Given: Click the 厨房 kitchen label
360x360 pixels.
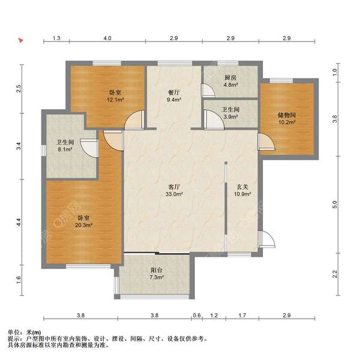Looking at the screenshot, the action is point(230,77).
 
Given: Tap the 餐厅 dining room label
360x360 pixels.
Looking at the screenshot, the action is point(174,92).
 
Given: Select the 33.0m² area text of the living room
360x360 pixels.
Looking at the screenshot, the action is point(174,194).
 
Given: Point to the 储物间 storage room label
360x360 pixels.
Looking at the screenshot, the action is point(287,115).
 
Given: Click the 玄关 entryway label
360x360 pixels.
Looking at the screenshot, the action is point(242,187).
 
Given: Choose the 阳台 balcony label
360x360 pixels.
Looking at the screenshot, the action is point(157,270).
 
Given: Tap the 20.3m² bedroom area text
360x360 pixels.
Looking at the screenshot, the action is point(83,225).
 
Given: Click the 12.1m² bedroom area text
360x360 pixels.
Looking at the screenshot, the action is point(115,100).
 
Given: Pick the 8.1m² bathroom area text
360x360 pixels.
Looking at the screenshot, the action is point(65,149).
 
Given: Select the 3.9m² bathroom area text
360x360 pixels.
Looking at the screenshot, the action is point(230,117).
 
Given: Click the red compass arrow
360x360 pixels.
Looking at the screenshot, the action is point(21,40).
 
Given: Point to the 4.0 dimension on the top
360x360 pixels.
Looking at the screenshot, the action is point(107,38).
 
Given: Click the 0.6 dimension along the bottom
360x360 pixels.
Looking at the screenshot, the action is point(197,316).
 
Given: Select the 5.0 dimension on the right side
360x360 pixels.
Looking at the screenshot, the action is point(335,205).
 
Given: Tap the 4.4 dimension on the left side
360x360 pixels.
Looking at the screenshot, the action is point(19,222).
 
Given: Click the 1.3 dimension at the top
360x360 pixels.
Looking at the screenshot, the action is point(56,38).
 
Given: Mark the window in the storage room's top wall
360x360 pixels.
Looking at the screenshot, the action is point(281,80).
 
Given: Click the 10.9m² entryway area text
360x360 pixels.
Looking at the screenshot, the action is point(242,194).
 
